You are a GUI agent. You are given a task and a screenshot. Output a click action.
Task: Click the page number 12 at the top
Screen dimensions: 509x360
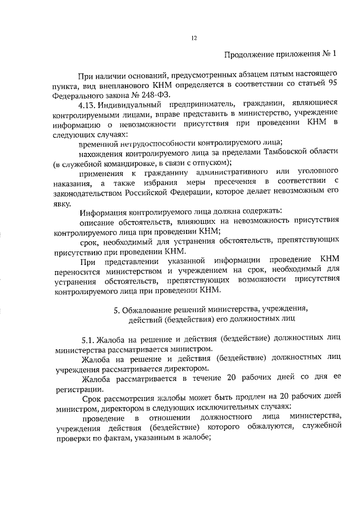click(194, 38)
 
